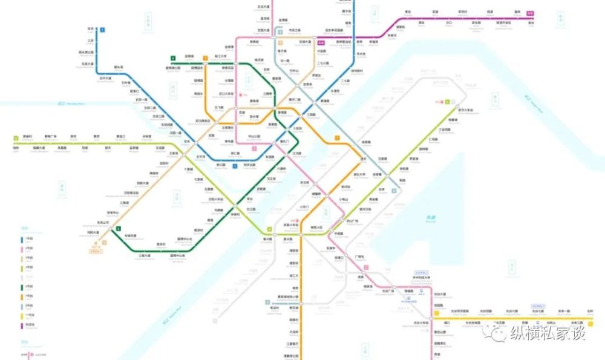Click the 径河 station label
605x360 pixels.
click(91, 28)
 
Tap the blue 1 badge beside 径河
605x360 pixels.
click(103, 29)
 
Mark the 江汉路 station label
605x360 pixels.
click(297, 154)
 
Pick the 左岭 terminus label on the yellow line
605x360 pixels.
click(590, 311)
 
